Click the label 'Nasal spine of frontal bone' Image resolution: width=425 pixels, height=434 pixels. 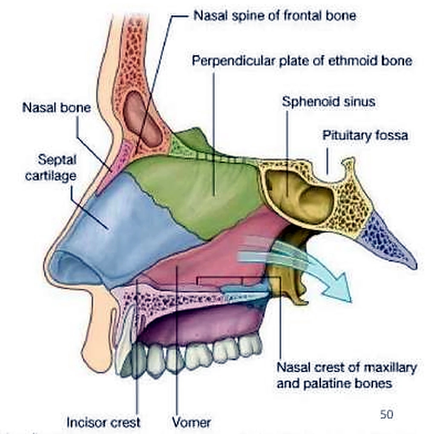click(275, 15)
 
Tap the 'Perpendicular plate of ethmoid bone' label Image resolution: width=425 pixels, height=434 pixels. click(302, 60)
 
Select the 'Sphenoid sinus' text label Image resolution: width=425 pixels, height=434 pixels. click(329, 102)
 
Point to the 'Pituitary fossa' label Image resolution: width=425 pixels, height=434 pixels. click(365, 135)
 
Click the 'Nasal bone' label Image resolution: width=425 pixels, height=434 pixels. click(57, 107)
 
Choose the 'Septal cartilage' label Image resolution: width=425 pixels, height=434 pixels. click(51, 168)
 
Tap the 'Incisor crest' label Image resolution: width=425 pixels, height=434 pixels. click(103, 423)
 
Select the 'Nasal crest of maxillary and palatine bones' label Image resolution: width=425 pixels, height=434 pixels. click(347, 375)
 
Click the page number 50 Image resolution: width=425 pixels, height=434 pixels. click(387, 414)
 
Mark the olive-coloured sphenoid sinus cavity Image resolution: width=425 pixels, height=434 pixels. click(299, 196)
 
